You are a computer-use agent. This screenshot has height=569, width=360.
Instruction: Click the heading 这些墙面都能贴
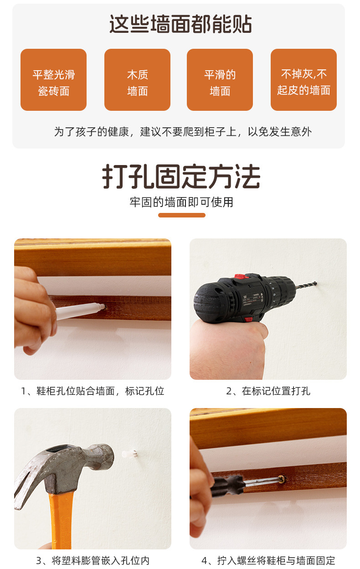click(x=180, y=24)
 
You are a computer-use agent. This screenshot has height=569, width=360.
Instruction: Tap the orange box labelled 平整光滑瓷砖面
click(x=54, y=80)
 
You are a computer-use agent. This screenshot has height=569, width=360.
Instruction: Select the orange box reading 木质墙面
click(x=137, y=80)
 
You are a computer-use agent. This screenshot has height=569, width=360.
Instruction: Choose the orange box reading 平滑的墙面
click(x=220, y=80)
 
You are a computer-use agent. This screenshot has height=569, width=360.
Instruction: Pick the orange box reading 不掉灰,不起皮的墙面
click(x=303, y=80)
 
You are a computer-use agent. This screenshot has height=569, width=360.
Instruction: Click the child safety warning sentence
click(x=183, y=132)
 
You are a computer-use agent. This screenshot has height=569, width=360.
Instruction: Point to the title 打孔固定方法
click(x=181, y=176)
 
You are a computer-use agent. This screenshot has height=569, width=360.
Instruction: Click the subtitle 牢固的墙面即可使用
click(x=181, y=202)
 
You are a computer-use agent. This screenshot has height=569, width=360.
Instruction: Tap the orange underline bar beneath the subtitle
click(x=182, y=215)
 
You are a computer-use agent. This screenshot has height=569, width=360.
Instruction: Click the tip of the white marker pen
click(x=104, y=306)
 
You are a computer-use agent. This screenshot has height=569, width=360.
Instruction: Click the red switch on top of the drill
click(x=242, y=276)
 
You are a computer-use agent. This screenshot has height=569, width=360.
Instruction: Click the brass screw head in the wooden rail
click(x=282, y=479)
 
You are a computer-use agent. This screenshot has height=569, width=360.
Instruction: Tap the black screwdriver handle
click(x=227, y=486)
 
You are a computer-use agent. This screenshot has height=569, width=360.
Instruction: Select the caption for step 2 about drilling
click(x=268, y=391)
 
